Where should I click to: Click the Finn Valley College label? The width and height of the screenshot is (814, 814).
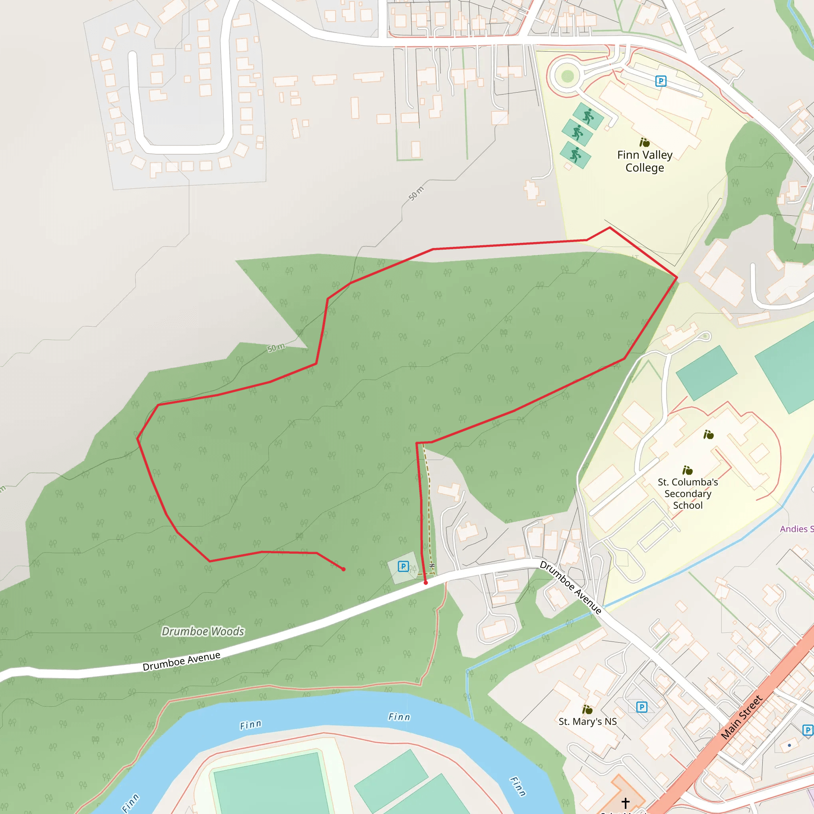644,161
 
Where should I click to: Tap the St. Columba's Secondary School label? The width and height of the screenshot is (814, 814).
688,493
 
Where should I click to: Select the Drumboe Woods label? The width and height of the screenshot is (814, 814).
203,631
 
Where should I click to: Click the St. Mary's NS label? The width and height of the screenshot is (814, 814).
587,721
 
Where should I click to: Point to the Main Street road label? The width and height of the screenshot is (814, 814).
742,717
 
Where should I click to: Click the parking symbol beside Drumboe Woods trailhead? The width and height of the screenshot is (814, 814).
403,566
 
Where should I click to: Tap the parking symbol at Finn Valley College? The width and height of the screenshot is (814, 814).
661,81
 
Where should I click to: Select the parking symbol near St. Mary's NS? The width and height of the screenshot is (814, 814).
641,707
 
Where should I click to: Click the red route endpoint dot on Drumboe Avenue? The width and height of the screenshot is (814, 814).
426,583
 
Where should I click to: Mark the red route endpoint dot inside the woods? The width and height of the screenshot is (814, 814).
343,569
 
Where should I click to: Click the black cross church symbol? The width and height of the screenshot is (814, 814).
625,802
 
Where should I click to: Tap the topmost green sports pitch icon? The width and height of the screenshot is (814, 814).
588,115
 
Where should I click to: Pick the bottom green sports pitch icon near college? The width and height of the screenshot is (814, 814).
576,155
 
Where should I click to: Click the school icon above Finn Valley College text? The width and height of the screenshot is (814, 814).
644,142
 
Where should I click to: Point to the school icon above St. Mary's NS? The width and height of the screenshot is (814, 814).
587,709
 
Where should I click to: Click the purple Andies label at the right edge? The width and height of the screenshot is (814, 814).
796,529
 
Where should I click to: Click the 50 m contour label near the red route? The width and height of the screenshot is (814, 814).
276,348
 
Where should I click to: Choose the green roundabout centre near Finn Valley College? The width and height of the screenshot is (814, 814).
567,76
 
